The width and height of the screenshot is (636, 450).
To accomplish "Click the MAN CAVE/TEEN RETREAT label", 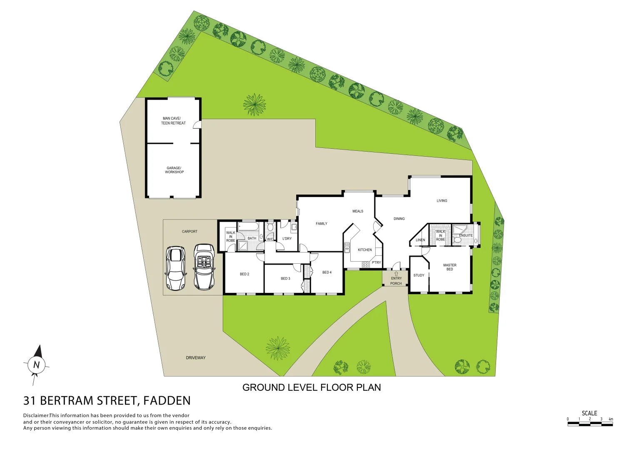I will tap(173, 121).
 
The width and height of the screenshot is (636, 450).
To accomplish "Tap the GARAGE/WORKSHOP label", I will tap(174, 170).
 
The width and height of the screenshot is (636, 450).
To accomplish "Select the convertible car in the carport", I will tap(204, 267).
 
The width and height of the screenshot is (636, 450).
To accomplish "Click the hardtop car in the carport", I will tap(175, 268).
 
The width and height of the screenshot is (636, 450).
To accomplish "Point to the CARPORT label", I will tap(190, 232).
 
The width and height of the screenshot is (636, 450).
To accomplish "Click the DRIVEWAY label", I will tap(196, 358).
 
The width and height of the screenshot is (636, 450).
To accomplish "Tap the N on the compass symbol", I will tap(36, 365).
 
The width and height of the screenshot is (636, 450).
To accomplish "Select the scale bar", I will tap(590, 424).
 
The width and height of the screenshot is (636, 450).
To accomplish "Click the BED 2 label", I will tap(244, 274).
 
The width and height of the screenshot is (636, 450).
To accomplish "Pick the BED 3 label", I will tap(285, 278).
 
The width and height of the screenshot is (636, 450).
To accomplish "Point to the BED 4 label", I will tap(327, 272).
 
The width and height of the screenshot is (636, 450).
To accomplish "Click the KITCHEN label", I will tap(365, 250).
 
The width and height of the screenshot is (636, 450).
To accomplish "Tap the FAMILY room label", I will tap(322, 224).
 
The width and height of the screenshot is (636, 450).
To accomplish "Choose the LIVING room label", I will tap(442, 201).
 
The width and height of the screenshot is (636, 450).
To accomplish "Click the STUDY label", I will tap(419, 275).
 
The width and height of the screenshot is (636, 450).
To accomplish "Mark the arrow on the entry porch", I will tap(396, 274).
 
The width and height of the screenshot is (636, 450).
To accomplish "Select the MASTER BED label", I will tap(450, 267).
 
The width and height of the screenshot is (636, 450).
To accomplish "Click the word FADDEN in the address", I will tap(167, 401).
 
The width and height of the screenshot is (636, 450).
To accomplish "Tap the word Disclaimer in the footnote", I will tap(36, 415).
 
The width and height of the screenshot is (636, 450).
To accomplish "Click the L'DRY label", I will tap(287, 239).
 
